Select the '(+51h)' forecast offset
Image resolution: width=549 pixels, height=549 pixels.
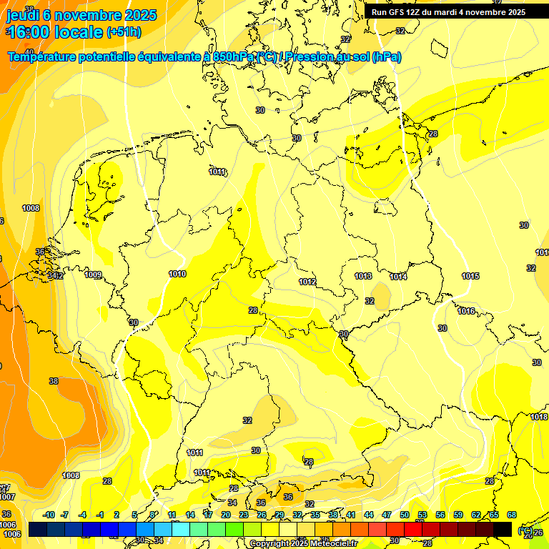(124, 32)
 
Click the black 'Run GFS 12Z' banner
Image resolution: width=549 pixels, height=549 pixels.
(448, 12)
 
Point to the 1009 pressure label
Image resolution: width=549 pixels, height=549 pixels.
(93, 275)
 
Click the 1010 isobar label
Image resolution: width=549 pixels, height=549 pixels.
(177, 274)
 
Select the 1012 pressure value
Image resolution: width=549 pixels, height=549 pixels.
(307, 282)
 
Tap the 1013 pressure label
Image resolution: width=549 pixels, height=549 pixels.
(363, 276)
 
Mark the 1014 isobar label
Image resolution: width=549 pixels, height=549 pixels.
(398, 277)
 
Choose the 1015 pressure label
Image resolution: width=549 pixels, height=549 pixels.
(470, 276)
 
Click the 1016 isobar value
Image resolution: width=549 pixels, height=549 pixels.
(466, 311)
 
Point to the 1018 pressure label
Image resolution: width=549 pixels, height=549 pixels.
(538, 417)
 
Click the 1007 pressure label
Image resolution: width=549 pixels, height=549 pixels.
(7, 496)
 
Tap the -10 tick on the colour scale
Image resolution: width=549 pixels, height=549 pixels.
(49, 515)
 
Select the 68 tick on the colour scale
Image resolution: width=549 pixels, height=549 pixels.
(512, 515)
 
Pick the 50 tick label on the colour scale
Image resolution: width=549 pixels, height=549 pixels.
(405, 515)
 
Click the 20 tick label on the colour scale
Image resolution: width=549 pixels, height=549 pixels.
(225, 515)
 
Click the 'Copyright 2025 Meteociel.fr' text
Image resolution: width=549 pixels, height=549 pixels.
(303, 543)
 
